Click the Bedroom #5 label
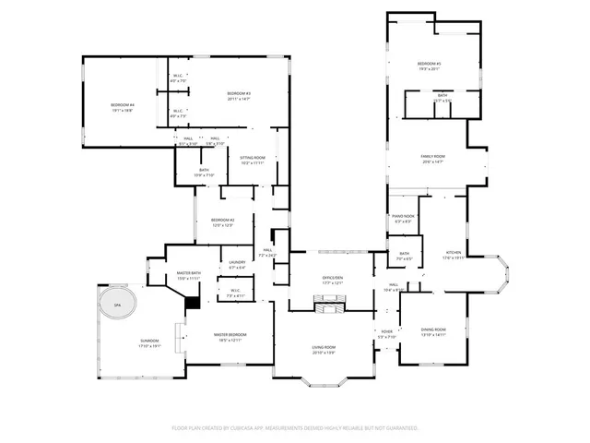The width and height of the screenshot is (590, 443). point(431,64)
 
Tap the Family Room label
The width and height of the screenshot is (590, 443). point(433,157)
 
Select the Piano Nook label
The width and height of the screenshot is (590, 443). point(404,216)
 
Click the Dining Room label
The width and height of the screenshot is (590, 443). point(433,329)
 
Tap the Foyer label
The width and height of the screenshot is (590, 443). point(386,331)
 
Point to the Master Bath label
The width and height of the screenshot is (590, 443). point(188,273)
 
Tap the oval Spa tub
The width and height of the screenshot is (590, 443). point(117,304)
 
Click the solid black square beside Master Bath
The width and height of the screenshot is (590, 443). point(193,302)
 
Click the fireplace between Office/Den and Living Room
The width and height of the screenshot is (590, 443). point(327,300)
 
